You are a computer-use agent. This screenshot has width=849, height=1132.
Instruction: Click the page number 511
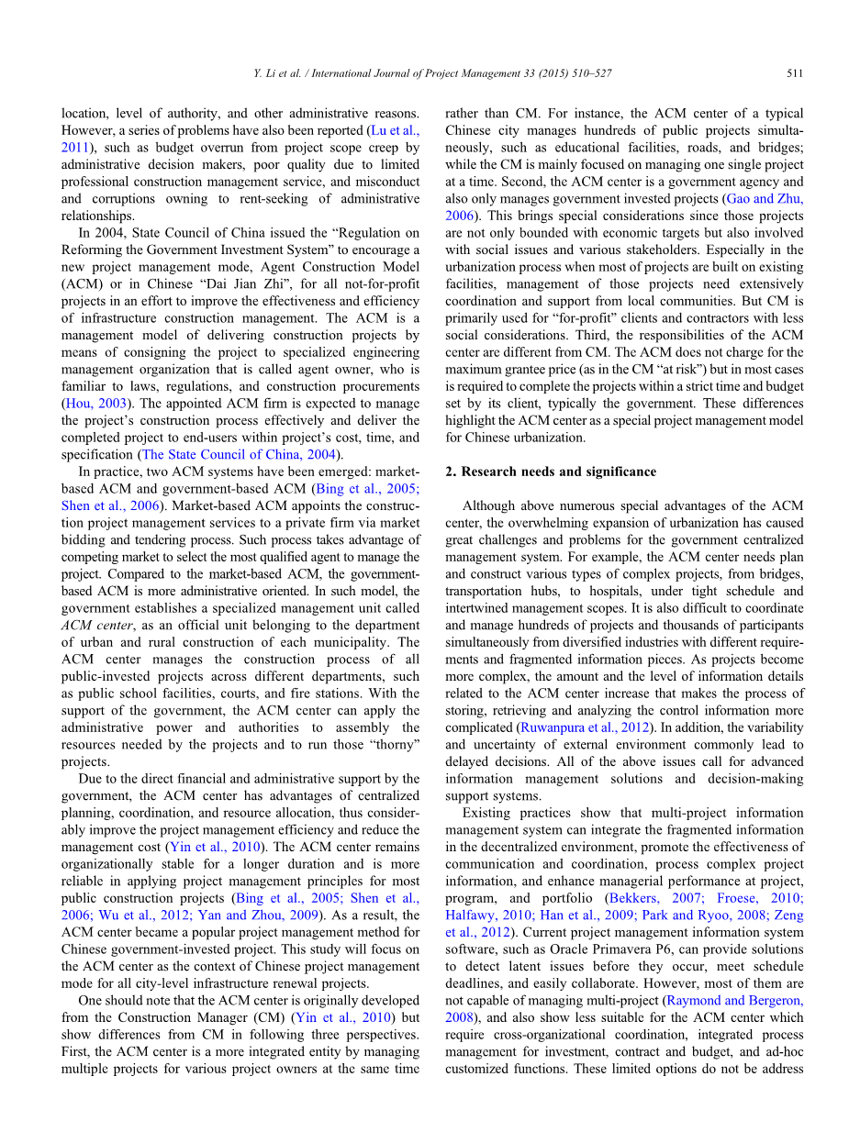[795, 72]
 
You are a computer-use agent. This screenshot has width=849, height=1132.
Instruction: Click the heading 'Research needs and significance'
[558, 472]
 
